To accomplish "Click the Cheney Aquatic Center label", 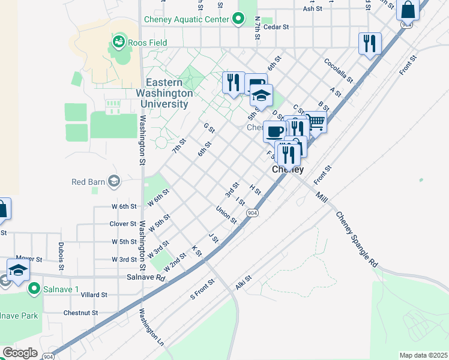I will (x=187, y=19).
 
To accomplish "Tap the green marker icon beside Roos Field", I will (x=118, y=42).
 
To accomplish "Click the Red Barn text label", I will (x=88, y=182).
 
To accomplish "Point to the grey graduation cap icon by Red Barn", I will (x=113, y=181).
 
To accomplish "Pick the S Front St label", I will (x=202, y=289).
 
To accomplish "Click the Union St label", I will (x=226, y=215).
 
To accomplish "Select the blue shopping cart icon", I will (x=316, y=122).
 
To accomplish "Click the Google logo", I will (x=20, y=353).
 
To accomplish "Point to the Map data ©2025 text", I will (x=423, y=355).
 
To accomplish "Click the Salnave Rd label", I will (x=145, y=278).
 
